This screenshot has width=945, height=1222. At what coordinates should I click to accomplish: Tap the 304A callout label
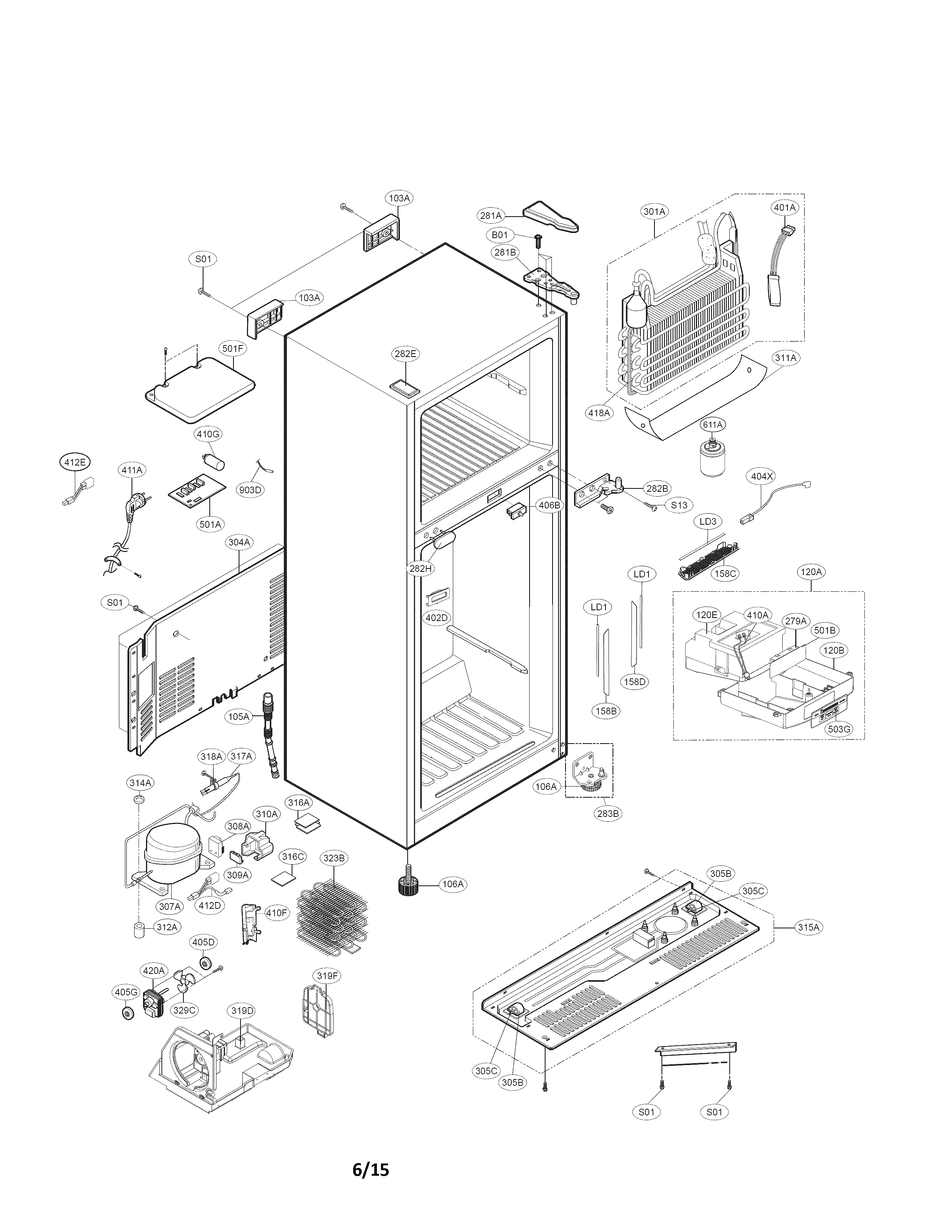click(x=239, y=542)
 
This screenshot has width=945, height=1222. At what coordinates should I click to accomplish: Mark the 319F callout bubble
click(x=328, y=976)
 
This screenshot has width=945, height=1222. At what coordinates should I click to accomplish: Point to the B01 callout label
click(x=500, y=234)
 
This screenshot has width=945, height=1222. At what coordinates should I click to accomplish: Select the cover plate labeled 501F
click(x=200, y=388)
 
